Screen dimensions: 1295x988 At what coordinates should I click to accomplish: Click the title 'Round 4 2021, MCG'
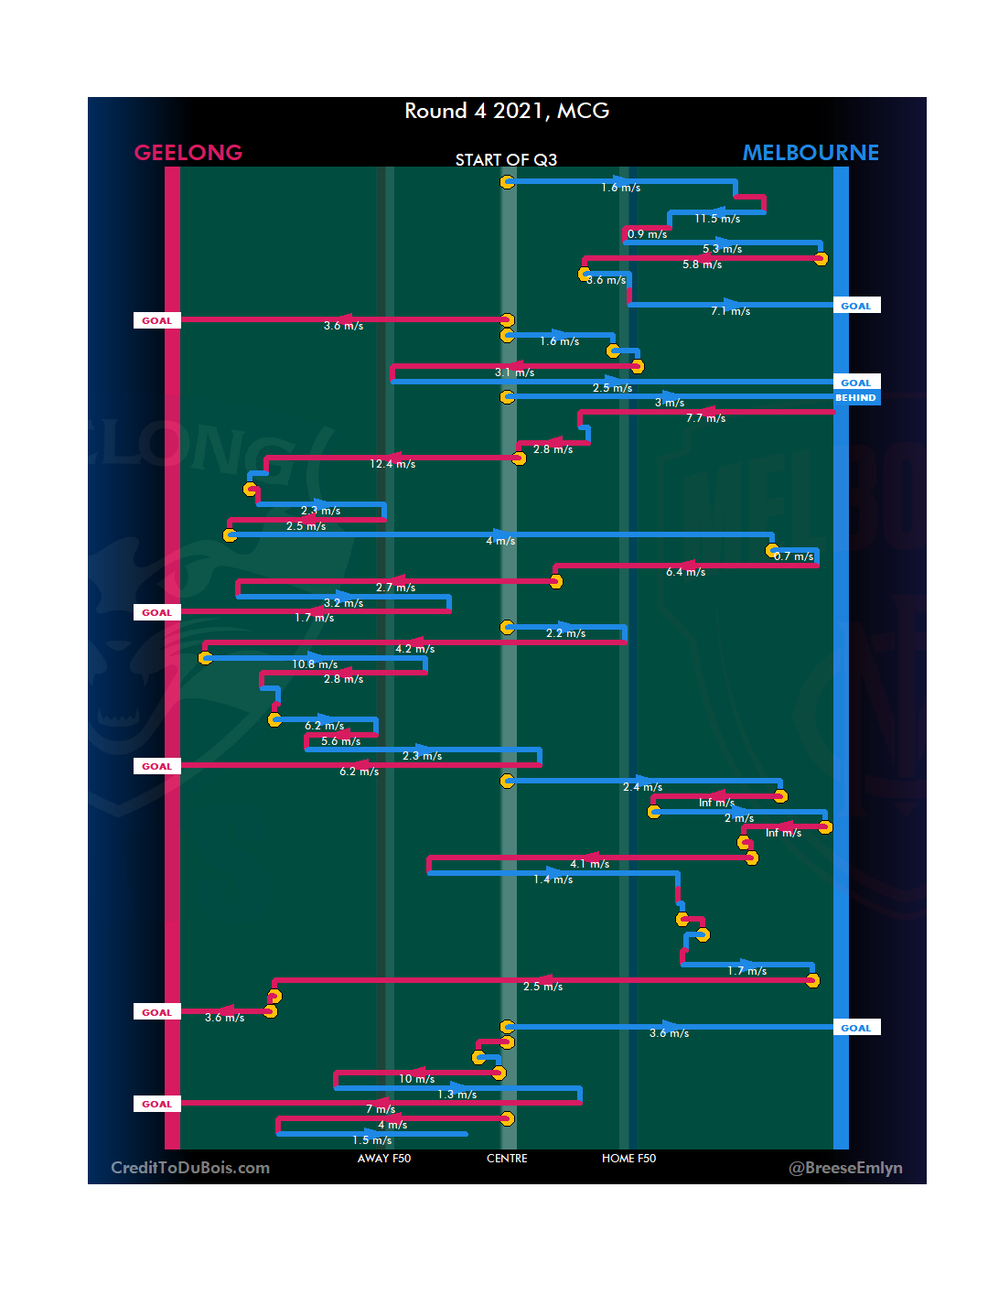point(507,111)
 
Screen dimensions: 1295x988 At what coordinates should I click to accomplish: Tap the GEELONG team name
point(188,153)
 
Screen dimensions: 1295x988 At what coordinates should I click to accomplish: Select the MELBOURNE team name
point(811,153)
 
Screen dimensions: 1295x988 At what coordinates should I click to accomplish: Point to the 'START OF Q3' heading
point(506,160)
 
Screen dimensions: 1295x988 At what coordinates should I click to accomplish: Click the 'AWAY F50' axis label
point(384,1159)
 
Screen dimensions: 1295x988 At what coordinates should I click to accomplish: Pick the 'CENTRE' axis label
point(507,1159)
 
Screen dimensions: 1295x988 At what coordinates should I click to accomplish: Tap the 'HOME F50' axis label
point(628,1159)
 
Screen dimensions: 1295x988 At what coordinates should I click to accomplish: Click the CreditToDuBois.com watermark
point(190,1168)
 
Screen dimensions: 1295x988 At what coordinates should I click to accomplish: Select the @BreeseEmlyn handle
point(845,1168)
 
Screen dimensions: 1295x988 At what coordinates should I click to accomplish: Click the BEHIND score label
point(856,398)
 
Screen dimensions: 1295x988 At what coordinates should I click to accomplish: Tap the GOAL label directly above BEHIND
point(856,383)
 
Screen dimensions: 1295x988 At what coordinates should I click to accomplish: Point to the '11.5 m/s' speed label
point(717,219)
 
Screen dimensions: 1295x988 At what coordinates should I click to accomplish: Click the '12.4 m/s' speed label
point(392,464)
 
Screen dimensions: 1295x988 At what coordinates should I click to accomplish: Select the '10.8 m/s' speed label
point(315,664)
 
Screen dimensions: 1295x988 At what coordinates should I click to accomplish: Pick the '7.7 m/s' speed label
point(706,418)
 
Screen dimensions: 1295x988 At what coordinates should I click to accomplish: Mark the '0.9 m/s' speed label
point(647,234)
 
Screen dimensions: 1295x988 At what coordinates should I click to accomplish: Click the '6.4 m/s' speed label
point(685,572)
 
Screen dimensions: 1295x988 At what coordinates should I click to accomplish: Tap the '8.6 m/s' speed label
point(607,280)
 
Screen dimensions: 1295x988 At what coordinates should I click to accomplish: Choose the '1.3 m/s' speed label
point(456,1095)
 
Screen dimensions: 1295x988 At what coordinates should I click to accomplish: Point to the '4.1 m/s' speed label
point(589,864)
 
